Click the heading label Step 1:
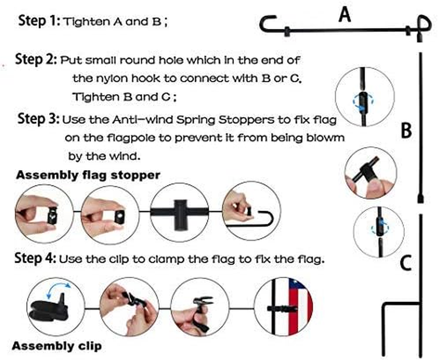(x=39, y=21)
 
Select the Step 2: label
(x=36, y=60)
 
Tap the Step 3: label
(x=39, y=119)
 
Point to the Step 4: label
(x=35, y=258)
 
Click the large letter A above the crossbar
(x=345, y=14)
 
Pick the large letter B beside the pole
(x=406, y=130)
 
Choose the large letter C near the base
(x=406, y=263)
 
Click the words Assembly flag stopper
(x=88, y=175)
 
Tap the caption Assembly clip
(x=57, y=346)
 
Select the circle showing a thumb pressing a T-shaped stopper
(x=371, y=173)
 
